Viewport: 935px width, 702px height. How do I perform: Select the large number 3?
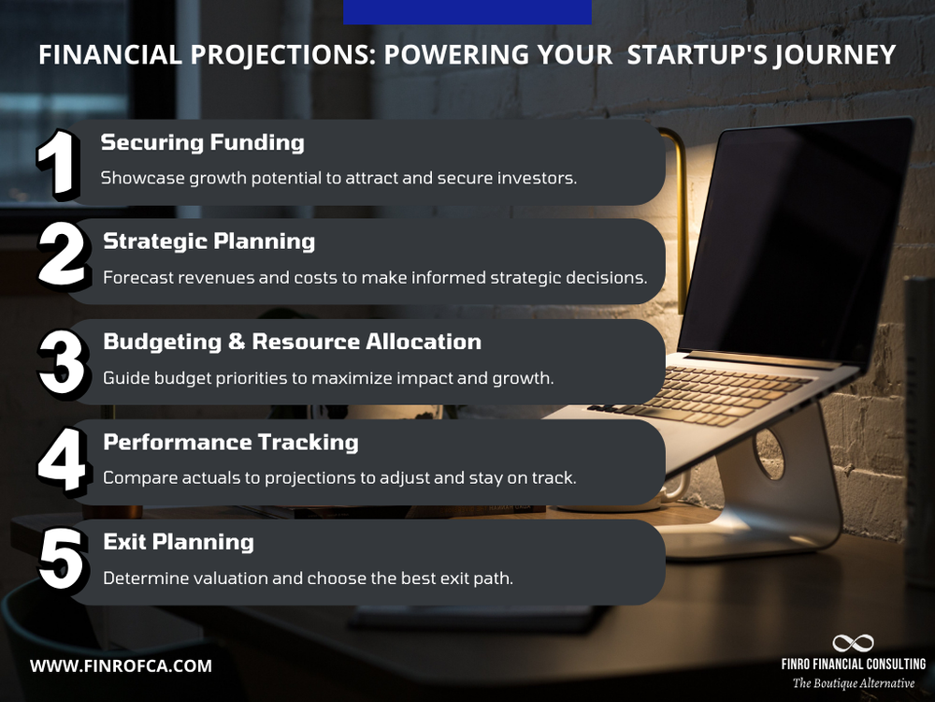point(62,358)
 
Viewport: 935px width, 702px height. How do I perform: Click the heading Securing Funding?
point(202,142)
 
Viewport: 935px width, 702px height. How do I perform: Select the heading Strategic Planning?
point(209,241)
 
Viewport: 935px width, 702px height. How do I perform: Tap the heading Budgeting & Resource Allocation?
point(292,342)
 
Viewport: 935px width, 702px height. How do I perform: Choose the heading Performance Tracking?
point(230,442)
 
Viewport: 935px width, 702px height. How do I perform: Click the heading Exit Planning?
point(178,542)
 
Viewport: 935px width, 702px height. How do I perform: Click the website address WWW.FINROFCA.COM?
point(121,666)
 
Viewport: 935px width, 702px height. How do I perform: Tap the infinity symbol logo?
point(852,643)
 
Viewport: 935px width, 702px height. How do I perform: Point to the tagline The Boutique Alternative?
point(853,683)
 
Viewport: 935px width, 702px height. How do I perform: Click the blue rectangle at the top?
point(467,11)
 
